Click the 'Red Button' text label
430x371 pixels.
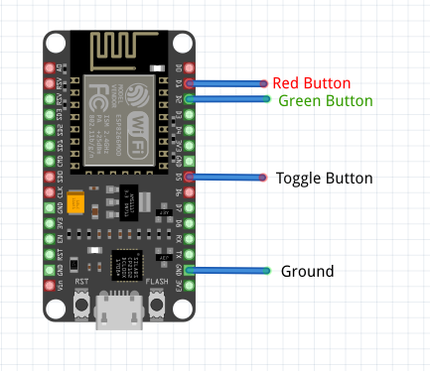coord(312,83)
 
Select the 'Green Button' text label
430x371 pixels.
coord(325,100)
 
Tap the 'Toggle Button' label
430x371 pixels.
coord(324,179)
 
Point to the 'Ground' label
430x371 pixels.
coord(307,271)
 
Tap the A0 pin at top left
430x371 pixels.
coord(51,68)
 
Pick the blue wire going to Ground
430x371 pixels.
coord(228,270)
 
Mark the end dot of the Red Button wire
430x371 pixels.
coord(264,83)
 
